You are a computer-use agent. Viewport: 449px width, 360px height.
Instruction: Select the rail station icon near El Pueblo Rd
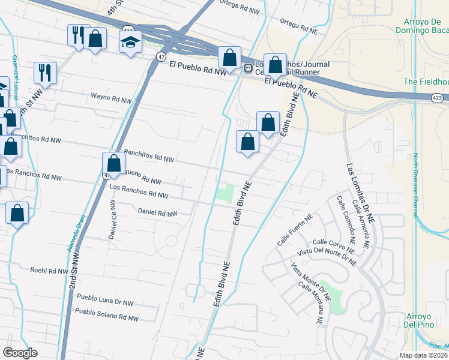pyautogui.click(x=247, y=68)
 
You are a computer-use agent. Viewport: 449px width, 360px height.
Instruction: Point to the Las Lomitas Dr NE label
pyautogui.click(x=359, y=191)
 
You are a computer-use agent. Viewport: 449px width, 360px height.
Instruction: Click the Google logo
pyautogui.click(x=20, y=353)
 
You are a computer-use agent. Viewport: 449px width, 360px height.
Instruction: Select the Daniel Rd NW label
pyautogui.click(x=157, y=212)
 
